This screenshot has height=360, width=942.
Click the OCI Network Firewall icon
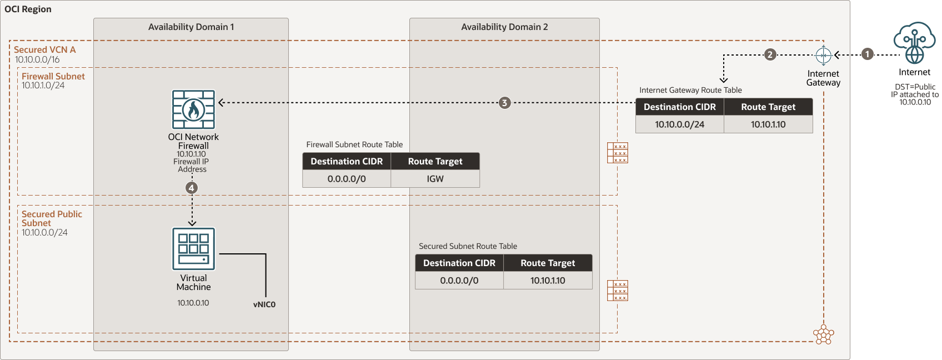click(193, 109)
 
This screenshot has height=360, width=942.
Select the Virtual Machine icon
click(193, 249)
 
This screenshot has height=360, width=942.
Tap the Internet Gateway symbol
click(823, 55)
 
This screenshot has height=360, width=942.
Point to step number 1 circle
click(868, 54)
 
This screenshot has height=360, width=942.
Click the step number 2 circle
click(770, 54)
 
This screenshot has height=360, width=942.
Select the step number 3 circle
click(504, 103)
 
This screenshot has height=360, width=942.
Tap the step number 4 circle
click(192, 188)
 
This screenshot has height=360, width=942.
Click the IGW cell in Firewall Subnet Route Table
click(435, 179)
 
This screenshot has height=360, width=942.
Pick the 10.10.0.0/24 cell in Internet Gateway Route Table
click(679, 124)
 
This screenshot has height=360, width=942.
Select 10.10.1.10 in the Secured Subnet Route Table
click(548, 281)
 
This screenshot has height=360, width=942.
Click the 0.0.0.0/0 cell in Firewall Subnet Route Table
click(347, 179)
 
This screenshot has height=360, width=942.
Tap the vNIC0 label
click(264, 304)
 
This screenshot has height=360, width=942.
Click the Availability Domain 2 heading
click(504, 27)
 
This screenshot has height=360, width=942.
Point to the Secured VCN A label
click(44, 49)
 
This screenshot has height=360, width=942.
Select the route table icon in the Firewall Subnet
click(618, 153)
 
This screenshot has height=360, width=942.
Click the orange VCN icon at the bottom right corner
click(823, 334)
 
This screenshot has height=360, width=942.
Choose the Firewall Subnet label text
click(53, 76)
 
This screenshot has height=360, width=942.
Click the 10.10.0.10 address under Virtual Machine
click(193, 303)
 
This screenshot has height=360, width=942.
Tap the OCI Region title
click(28, 9)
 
